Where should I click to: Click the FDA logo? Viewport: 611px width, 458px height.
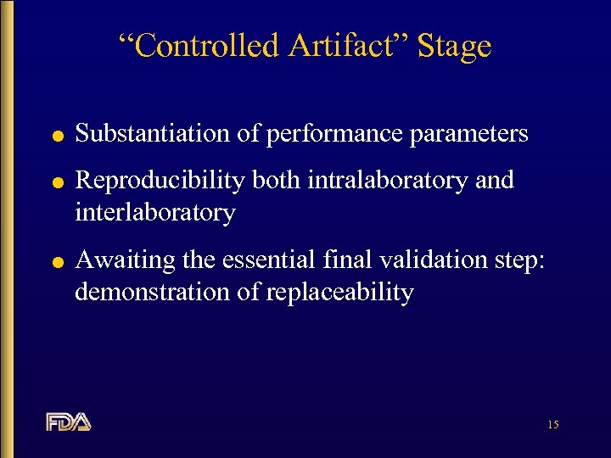[69, 422]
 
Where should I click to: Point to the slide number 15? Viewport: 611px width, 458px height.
[553, 424]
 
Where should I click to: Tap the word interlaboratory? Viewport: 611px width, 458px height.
[154, 212]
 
